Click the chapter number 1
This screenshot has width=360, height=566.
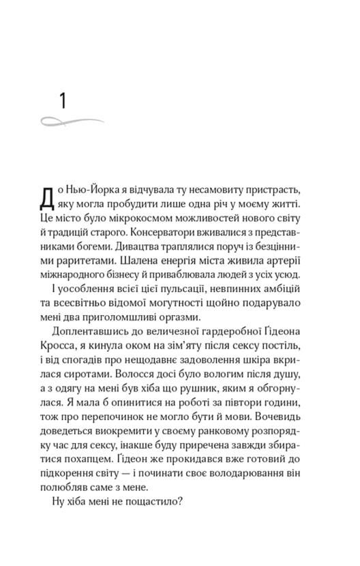click(x=62, y=102)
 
